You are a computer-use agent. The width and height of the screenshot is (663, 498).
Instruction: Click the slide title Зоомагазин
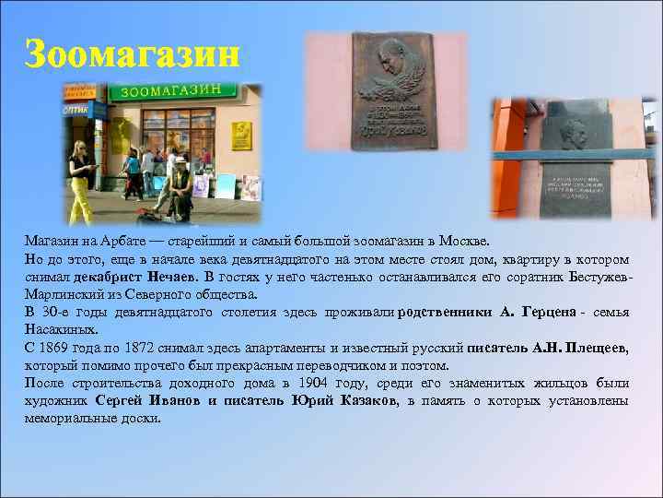(x=132, y=53)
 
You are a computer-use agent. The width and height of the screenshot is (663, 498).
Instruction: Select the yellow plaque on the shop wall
(x=241, y=136)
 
